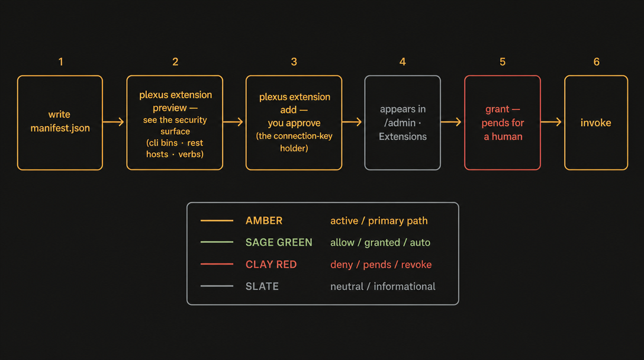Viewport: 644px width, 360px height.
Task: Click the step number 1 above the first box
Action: tap(61, 62)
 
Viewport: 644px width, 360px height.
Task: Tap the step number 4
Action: tap(402, 62)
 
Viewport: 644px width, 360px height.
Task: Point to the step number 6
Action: tap(597, 62)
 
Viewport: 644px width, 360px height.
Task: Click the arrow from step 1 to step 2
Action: tap(114, 121)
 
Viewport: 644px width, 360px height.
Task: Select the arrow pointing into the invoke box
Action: tap(551, 121)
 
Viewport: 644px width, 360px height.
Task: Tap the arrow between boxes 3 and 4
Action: tap(352, 121)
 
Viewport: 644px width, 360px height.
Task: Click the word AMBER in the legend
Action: tap(263, 221)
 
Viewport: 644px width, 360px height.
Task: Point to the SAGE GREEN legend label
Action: tap(279, 242)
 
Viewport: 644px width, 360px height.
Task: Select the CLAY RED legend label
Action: tap(271, 264)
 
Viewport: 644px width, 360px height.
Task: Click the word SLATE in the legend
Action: tap(262, 287)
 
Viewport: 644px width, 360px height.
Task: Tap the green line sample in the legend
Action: tap(217, 242)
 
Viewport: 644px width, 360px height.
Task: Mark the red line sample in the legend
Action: tap(217, 264)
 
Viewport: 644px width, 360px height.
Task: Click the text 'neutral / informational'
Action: tap(383, 287)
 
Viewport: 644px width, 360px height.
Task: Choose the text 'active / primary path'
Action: tap(379, 221)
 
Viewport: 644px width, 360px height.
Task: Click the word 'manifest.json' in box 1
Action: tap(60, 128)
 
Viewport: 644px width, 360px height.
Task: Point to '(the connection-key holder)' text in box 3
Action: tap(294, 142)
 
